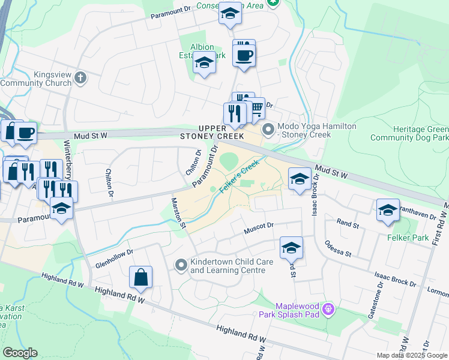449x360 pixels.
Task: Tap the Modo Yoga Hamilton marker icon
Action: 268,128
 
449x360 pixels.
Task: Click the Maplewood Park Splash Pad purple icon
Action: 327,310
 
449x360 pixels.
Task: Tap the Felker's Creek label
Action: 239,176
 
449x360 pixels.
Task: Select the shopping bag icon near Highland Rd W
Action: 140,278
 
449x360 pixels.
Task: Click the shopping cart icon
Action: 256,109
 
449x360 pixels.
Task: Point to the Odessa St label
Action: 338,249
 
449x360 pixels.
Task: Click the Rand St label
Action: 348,224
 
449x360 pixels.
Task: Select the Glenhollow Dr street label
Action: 113,260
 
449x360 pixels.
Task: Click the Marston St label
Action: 179,214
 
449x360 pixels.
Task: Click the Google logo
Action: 20,353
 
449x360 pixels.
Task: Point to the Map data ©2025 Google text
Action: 411,355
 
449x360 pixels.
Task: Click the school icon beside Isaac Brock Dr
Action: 299,178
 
